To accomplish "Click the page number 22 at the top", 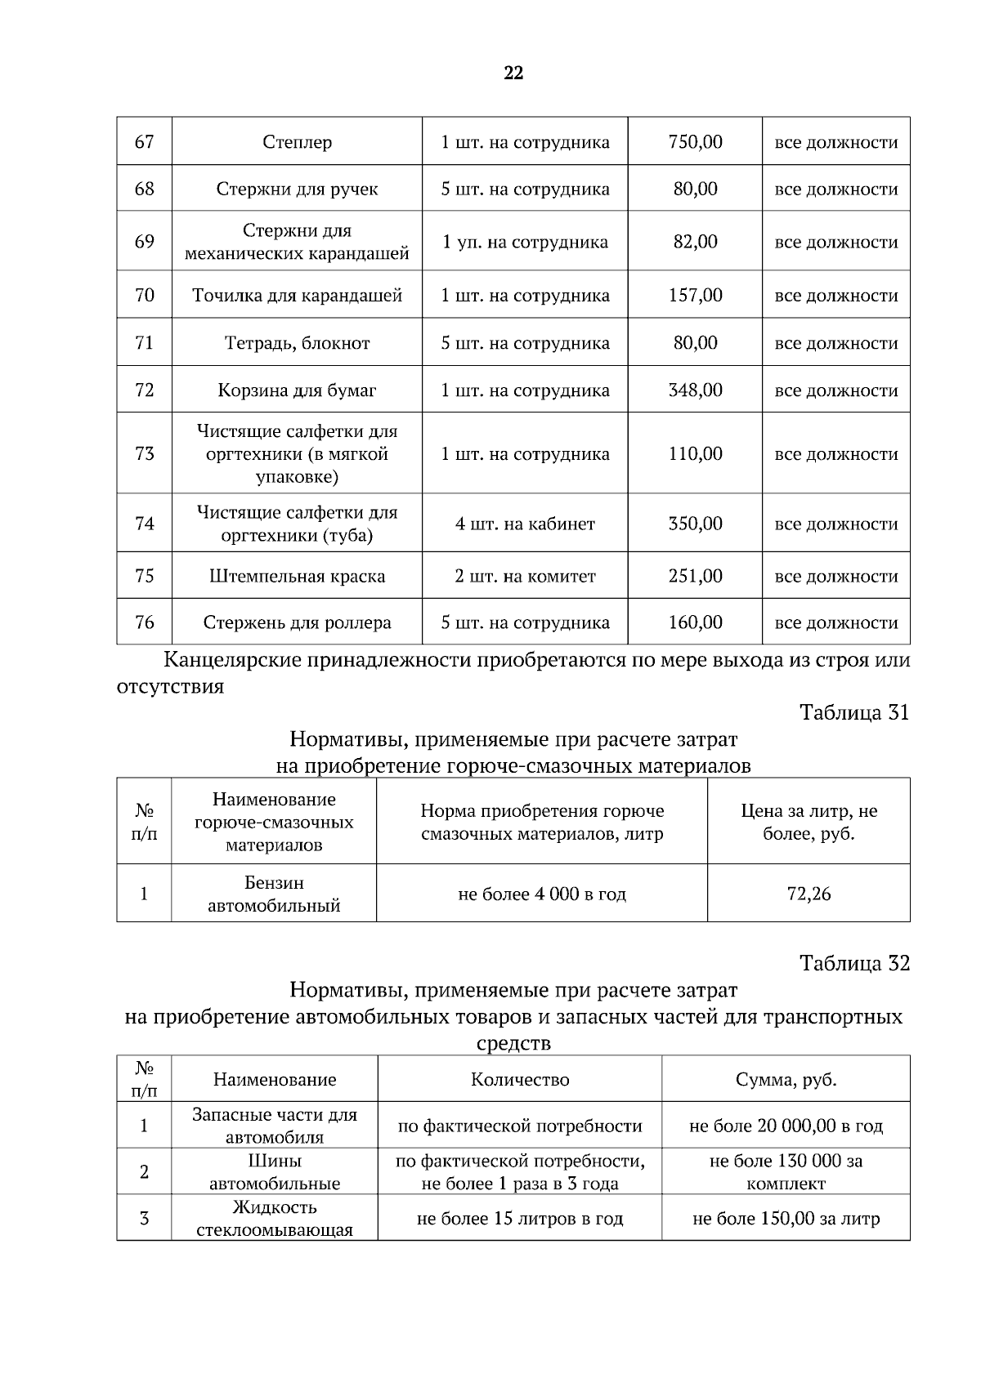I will click(x=513, y=73).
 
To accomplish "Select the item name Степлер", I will click(x=297, y=142).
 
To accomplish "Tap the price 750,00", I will click(x=695, y=142).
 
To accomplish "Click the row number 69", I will click(x=144, y=242).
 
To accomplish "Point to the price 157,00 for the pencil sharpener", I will click(x=695, y=295).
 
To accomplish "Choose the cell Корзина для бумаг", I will click(x=297, y=390).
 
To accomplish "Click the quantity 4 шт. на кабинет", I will click(x=525, y=524).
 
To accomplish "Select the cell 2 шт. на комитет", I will click(x=525, y=576).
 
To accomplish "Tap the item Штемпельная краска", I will click(x=297, y=576).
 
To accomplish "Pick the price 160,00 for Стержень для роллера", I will click(x=695, y=622).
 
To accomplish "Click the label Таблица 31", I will click(x=854, y=712).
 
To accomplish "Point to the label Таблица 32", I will click(x=854, y=963).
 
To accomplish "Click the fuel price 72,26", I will click(x=809, y=894).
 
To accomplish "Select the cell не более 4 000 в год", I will click(x=542, y=894).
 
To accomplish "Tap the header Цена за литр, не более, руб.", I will click(x=809, y=822).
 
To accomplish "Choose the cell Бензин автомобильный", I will click(x=274, y=894).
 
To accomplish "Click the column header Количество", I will click(x=520, y=1079).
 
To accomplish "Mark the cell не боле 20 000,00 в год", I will click(x=786, y=1126).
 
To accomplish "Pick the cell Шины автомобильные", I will click(x=274, y=1171).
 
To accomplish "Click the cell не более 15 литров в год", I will click(x=520, y=1219).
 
